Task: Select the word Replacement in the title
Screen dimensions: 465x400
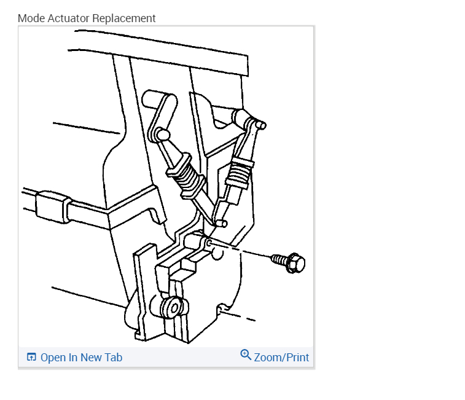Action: (x=124, y=18)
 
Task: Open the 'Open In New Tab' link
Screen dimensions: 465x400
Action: (x=81, y=358)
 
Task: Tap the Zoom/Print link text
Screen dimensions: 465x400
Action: (x=281, y=358)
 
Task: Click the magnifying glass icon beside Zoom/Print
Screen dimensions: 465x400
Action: (x=246, y=355)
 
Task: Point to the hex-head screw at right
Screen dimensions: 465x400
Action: (x=289, y=262)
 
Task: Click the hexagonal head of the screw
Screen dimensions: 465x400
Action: (x=296, y=264)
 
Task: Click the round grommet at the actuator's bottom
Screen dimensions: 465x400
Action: (x=169, y=307)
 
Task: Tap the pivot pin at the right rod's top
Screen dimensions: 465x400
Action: (x=259, y=124)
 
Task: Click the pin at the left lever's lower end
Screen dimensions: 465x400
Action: (x=163, y=133)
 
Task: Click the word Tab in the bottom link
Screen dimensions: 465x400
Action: (x=114, y=358)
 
